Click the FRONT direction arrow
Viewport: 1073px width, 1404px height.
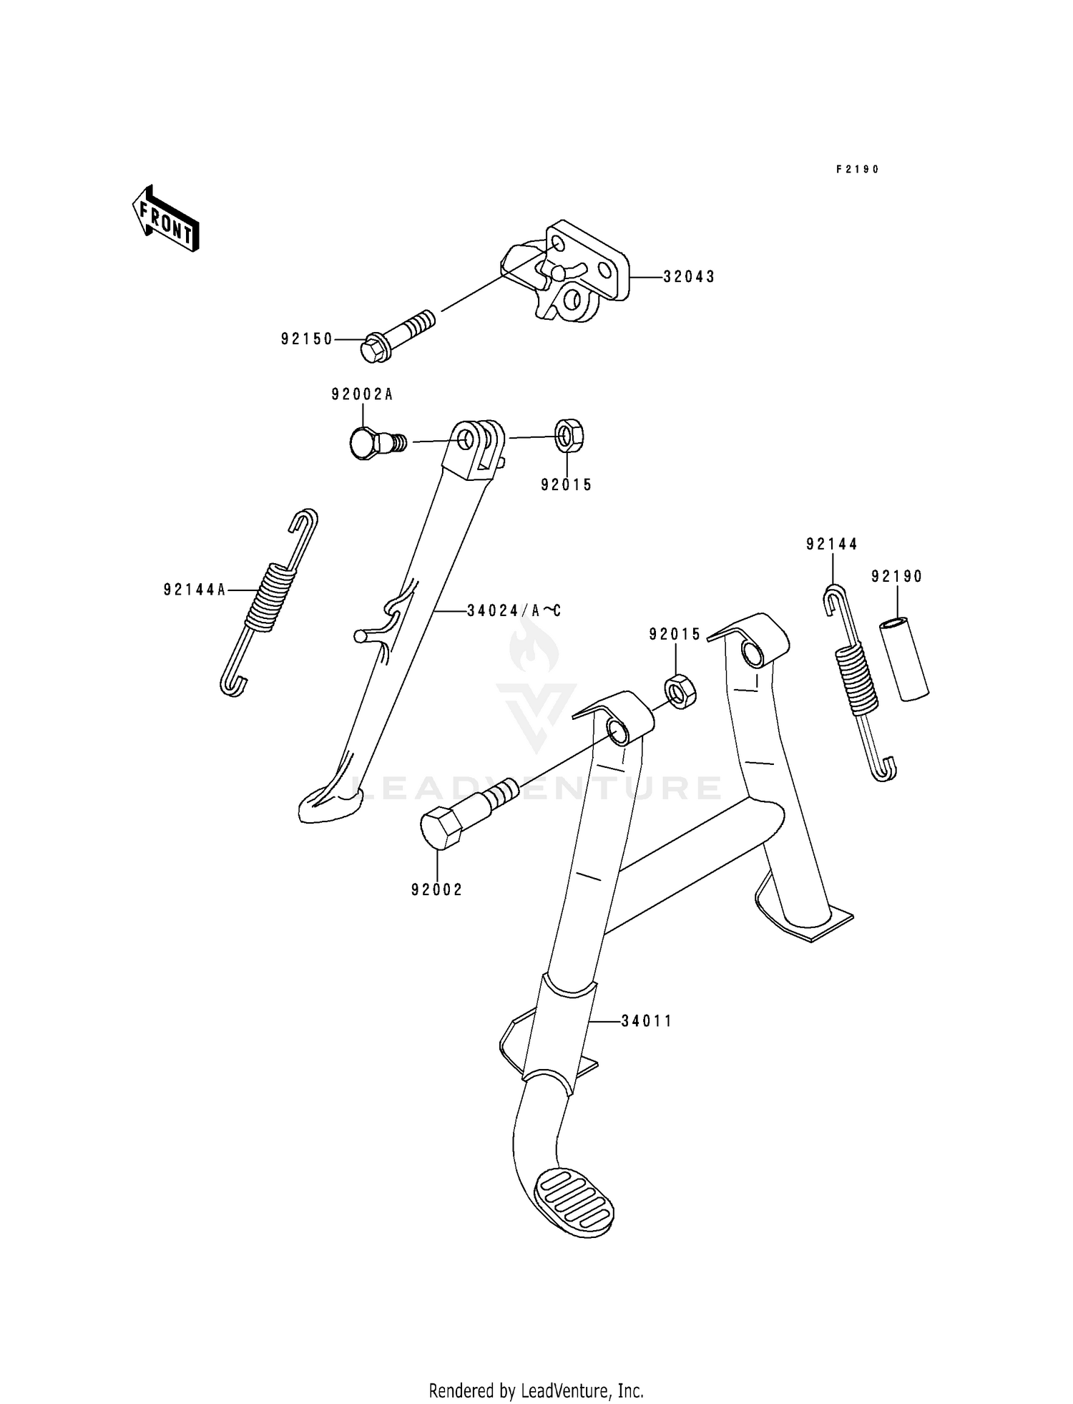click(165, 219)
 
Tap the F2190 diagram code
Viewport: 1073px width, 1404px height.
click(857, 170)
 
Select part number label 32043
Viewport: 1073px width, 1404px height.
click(688, 277)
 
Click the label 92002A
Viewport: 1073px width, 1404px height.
click(362, 394)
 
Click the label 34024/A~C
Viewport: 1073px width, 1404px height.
click(514, 610)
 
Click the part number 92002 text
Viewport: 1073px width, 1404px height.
click(437, 889)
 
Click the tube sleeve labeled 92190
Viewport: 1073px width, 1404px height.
click(903, 659)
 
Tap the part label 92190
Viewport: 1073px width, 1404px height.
click(897, 576)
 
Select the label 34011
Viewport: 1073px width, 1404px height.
click(647, 1021)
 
